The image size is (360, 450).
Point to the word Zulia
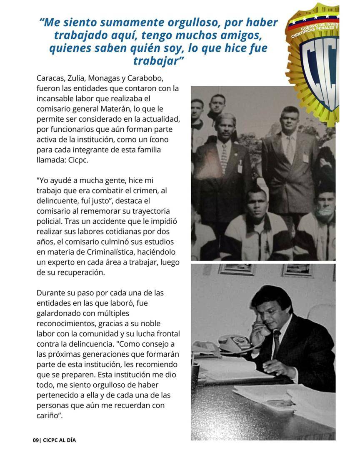81,78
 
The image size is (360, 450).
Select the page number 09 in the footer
36,440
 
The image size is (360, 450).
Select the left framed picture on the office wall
237,270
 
